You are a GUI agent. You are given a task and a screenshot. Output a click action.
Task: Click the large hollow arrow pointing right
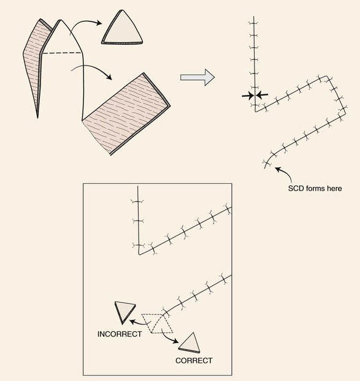197,77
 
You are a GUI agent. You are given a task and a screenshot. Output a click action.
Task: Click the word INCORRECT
120,334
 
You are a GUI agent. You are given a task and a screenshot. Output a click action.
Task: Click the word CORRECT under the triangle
194,361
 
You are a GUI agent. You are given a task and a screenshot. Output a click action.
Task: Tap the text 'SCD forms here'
315,188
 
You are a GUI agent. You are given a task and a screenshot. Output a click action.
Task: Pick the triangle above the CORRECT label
190,343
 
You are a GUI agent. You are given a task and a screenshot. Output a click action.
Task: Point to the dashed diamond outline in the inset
158,323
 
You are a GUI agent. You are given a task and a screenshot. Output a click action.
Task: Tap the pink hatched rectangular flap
126,114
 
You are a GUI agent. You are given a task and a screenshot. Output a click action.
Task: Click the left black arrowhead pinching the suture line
248,96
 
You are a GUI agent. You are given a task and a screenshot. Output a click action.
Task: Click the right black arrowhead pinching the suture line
262,95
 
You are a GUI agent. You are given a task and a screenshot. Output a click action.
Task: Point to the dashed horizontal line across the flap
62,53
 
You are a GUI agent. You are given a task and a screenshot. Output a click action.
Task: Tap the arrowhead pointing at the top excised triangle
99,23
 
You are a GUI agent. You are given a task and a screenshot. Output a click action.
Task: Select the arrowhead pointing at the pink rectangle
109,77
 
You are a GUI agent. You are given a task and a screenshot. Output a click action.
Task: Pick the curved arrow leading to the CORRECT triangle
169,337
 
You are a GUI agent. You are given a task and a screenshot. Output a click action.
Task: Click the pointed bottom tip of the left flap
37,118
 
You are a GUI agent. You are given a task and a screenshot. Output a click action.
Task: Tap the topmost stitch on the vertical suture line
253,23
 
